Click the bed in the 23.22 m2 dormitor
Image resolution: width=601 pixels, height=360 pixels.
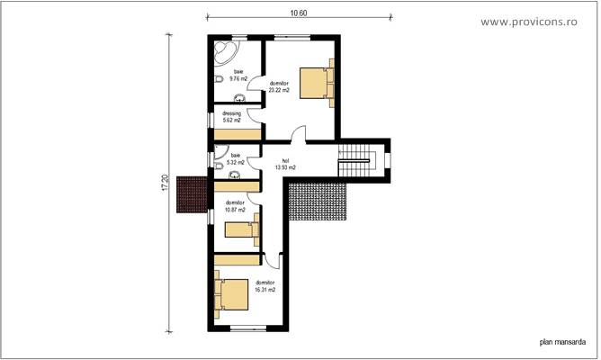[316, 82]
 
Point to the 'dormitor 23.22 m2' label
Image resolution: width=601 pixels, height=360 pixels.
[279, 87]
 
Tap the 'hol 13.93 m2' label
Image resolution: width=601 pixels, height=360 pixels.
[286, 164]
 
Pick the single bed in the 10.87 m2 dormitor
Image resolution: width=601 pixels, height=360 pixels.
[242, 229]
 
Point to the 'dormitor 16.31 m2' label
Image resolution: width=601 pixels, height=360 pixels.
[265, 286]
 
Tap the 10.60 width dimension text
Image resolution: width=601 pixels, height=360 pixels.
[299, 13]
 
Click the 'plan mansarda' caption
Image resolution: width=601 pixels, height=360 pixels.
[562, 341]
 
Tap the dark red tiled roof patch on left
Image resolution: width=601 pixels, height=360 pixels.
[192, 193]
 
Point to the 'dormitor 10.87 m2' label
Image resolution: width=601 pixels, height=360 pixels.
[235, 206]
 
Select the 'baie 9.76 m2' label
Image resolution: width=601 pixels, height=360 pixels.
[238, 75]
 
